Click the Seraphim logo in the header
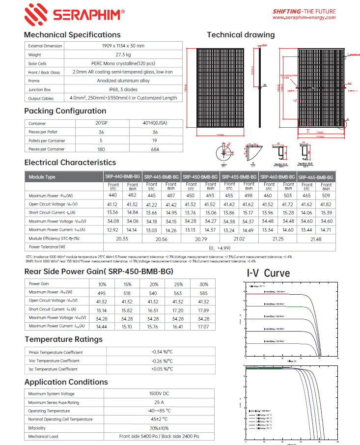coord(74,13)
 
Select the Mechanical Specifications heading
coord(72,35)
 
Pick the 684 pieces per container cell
coord(155,149)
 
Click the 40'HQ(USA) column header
coord(155,123)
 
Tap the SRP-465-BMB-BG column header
coord(316,177)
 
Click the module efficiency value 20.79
coord(201,238)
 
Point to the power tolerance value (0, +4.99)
coord(220,247)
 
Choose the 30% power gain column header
coord(203,284)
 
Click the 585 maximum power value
coord(203,292)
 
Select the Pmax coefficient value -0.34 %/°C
coord(162,352)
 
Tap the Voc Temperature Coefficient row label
coord(54,361)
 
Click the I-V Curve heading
coord(268,273)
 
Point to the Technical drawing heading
coord(241,35)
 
